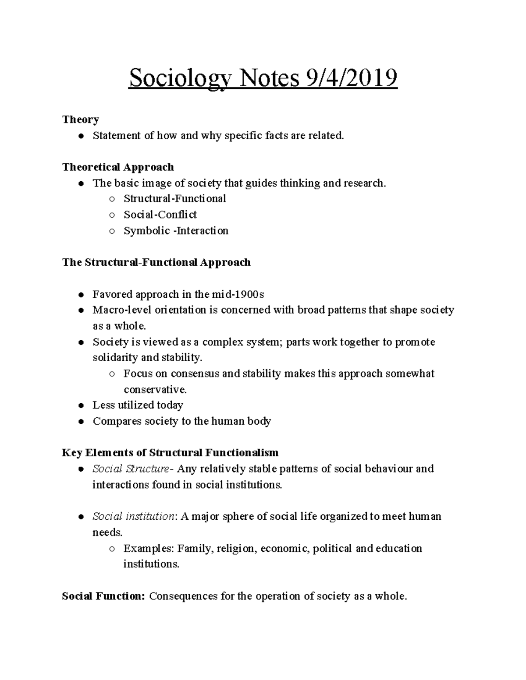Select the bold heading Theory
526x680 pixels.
81,120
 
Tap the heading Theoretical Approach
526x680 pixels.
118,167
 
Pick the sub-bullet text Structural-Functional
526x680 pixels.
174,199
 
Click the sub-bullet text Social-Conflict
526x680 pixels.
160,215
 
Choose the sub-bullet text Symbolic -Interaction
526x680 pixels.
176,231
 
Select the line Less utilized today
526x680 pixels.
138,405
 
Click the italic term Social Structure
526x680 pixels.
131,469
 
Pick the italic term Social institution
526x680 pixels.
133,517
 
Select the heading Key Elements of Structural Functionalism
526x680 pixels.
170,452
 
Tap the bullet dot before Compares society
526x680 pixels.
81,422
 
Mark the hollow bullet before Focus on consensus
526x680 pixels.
112,374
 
